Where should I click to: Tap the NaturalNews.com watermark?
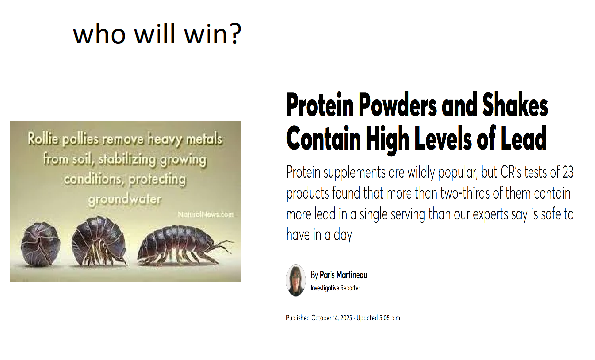(x=205, y=215)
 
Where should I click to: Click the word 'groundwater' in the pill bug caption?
(x=125, y=199)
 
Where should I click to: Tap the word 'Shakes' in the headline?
(x=515, y=105)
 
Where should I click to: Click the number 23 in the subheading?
(x=568, y=172)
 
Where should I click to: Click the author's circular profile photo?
(x=296, y=280)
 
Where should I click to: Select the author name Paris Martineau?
(x=344, y=275)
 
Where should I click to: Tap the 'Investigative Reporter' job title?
(x=335, y=288)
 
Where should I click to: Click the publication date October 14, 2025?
(x=332, y=318)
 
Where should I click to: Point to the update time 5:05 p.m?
(x=390, y=318)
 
